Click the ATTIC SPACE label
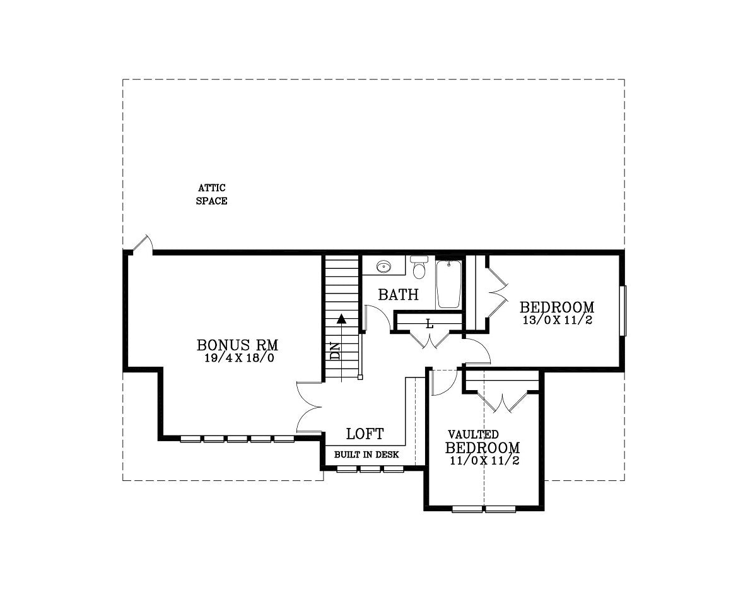(212, 194)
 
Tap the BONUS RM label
(237, 345)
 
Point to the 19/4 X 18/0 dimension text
(238, 359)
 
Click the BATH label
(398, 295)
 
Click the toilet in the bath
(419, 268)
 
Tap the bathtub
(449, 284)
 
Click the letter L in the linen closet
(430, 323)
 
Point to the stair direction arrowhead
(342, 319)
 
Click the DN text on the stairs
(335, 352)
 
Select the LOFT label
(365, 434)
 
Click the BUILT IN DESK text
(366, 454)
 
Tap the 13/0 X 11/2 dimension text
(558, 320)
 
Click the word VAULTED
(474, 435)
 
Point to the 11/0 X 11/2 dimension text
(485, 460)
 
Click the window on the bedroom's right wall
(623, 310)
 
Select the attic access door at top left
(143, 245)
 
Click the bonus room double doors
(309, 406)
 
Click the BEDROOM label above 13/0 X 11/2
(557, 307)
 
